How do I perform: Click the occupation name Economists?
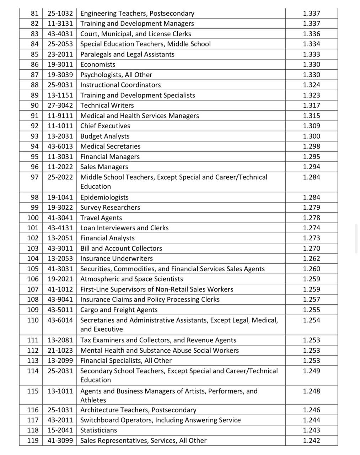tap(98, 64)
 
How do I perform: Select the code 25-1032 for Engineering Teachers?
tap(60, 14)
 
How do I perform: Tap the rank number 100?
tap(33, 218)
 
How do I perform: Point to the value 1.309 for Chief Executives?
tap(311, 126)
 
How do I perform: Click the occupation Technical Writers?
tap(107, 105)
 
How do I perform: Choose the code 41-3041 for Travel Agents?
tap(60, 218)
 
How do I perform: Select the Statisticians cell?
tap(98, 430)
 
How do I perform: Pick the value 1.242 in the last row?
tap(311, 440)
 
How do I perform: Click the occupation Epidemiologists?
tap(104, 197)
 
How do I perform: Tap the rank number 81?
tap(34, 14)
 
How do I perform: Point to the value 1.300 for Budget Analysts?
tap(311, 136)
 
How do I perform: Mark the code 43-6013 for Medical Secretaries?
tap(60, 146)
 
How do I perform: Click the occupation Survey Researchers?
tap(110, 207)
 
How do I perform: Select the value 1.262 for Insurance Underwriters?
tap(311, 258)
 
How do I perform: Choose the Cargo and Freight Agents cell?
tap(119, 310)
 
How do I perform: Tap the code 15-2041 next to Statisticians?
tap(60, 430)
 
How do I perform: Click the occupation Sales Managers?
tap(104, 167)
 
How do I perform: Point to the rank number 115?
tap(33, 391)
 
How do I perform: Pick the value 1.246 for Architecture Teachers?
tap(311, 410)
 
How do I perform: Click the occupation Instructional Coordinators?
tap(120, 85)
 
